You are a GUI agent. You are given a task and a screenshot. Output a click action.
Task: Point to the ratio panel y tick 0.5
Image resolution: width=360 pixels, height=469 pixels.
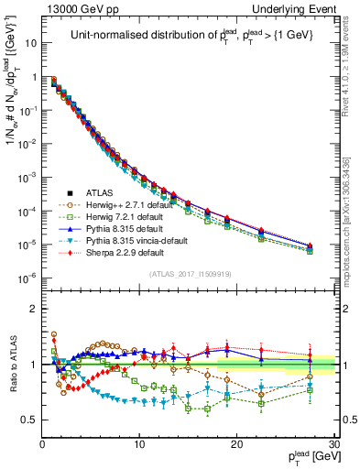(x=31, y=420)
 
